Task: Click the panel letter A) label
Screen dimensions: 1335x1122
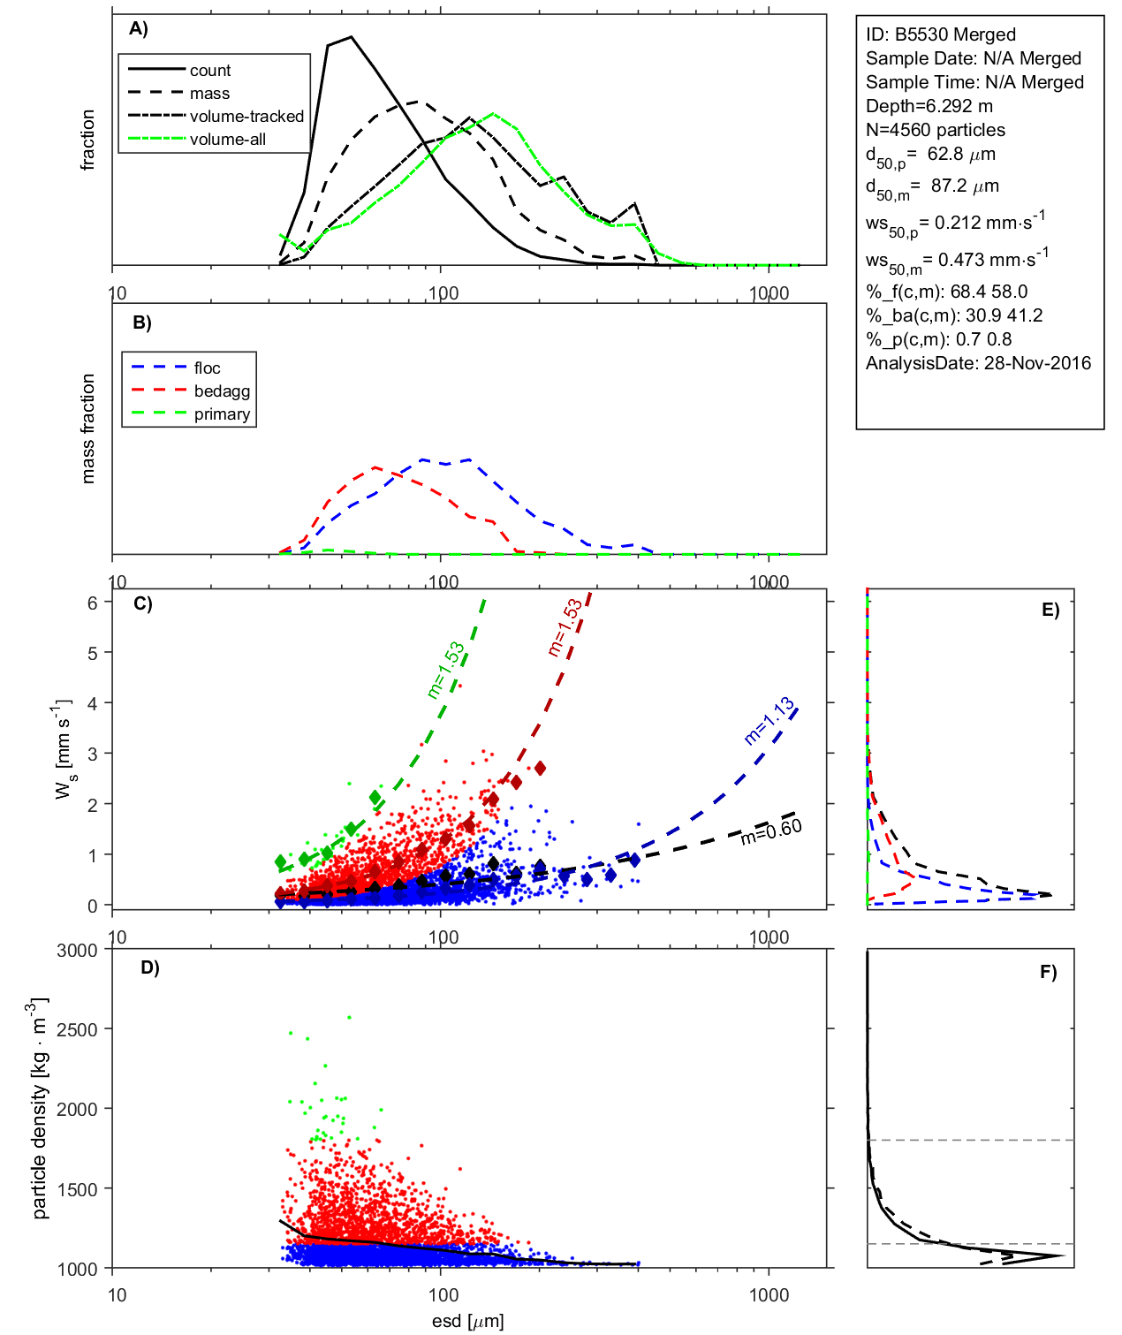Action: [x=139, y=28]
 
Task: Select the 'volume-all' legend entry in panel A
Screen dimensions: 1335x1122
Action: [x=227, y=140]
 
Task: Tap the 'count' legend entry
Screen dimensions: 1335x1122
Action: [x=209, y=71]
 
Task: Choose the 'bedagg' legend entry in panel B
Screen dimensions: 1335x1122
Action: [x=222, y=391]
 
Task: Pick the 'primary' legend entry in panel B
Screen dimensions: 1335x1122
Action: [x=222, y=414]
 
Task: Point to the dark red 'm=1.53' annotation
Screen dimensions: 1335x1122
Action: [x=565, y=627]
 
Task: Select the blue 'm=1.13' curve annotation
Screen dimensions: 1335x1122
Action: [x=769, y=721]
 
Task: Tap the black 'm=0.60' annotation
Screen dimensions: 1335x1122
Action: [x=771, y=831]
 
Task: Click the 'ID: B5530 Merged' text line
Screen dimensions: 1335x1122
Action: [x=940, y=34]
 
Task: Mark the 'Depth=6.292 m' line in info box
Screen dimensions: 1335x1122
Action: [x=929, y=106]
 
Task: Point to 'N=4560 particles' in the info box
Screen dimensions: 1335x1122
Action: [x=935, y=130]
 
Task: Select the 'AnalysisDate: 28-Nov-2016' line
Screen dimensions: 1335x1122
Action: [x=978, y=363]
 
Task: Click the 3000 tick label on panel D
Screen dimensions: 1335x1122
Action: [x=77, y=951]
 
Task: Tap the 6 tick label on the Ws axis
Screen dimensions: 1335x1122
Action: [x=92, y=603]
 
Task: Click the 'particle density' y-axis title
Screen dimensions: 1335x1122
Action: [x=40, y=1109]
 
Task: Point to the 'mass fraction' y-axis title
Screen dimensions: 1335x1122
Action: [x=87, y=429]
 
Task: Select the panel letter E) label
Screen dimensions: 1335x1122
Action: [x=1050, y=610]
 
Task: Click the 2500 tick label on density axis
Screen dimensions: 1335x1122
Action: [x=77, y=1029]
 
